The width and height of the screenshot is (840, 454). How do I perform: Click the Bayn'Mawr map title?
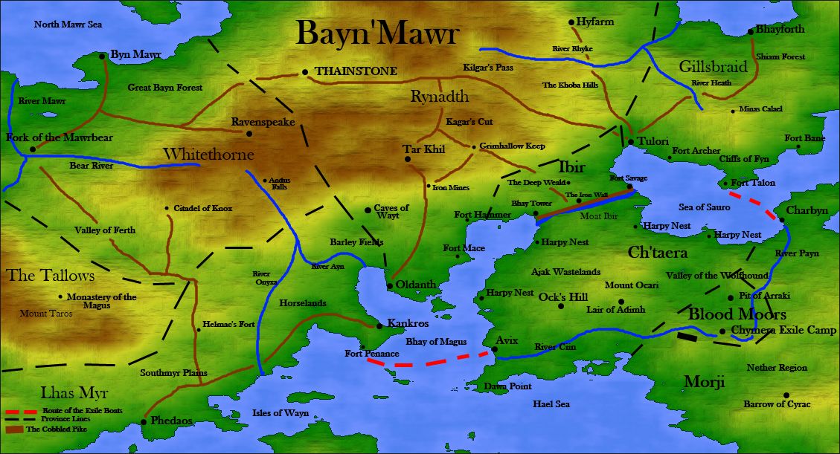377,34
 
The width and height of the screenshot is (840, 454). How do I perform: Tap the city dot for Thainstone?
305,72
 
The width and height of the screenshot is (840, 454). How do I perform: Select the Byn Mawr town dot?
103,55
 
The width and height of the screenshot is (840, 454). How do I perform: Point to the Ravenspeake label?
263,122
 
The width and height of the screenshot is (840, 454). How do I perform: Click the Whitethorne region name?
208,155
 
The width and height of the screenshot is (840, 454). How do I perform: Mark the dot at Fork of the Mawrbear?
33,149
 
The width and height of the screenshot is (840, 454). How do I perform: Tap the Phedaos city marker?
143,422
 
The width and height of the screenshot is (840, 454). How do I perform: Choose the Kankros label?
408,325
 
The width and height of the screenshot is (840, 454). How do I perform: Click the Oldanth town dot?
390,285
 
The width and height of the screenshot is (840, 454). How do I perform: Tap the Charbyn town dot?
782,219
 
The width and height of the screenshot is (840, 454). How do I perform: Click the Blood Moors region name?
737,314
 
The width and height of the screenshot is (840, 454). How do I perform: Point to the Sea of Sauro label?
704,207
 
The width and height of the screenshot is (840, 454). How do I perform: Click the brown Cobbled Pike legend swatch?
14,429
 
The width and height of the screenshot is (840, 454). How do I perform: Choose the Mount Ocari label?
629,285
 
